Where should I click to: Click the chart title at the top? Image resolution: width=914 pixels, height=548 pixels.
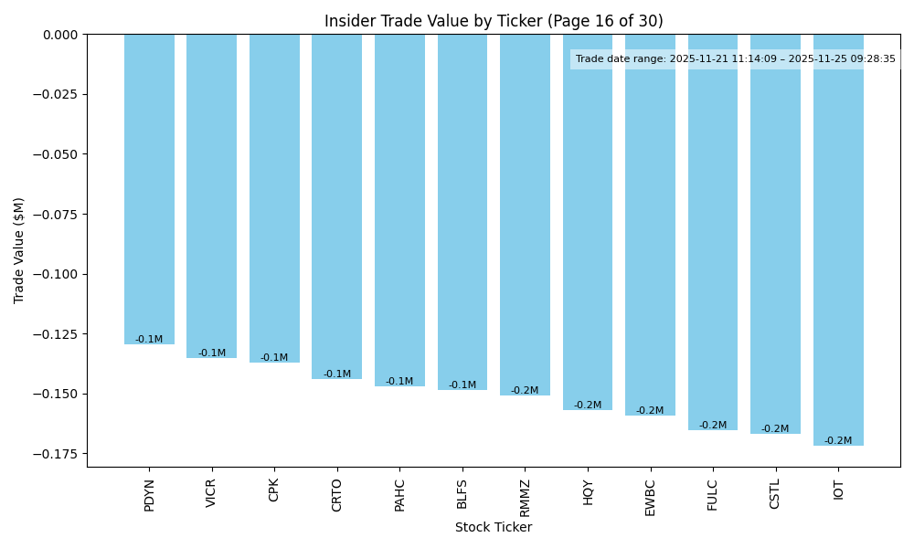click(494, 21)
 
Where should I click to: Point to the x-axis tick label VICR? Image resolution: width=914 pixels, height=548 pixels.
click(212, 493)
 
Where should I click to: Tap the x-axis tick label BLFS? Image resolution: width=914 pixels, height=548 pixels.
click(462, 494)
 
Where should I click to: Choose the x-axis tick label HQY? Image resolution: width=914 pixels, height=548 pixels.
click(588, 492)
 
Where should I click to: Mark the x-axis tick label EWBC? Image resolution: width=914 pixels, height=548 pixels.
click(650, 497)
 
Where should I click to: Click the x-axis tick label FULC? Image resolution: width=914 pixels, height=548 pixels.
click(713, 495)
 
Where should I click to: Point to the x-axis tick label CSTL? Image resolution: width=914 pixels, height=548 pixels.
click(775, 494)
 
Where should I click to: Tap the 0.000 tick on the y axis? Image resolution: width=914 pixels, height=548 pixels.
click(61, 35)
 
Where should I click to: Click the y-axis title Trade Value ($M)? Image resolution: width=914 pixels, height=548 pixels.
click(19, 250)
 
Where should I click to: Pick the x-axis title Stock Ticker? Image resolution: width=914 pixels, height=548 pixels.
click(494, 527)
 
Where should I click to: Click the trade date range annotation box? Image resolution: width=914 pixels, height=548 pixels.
click(735, 59)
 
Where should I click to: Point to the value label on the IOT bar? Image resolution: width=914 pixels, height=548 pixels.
click(838, 441)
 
